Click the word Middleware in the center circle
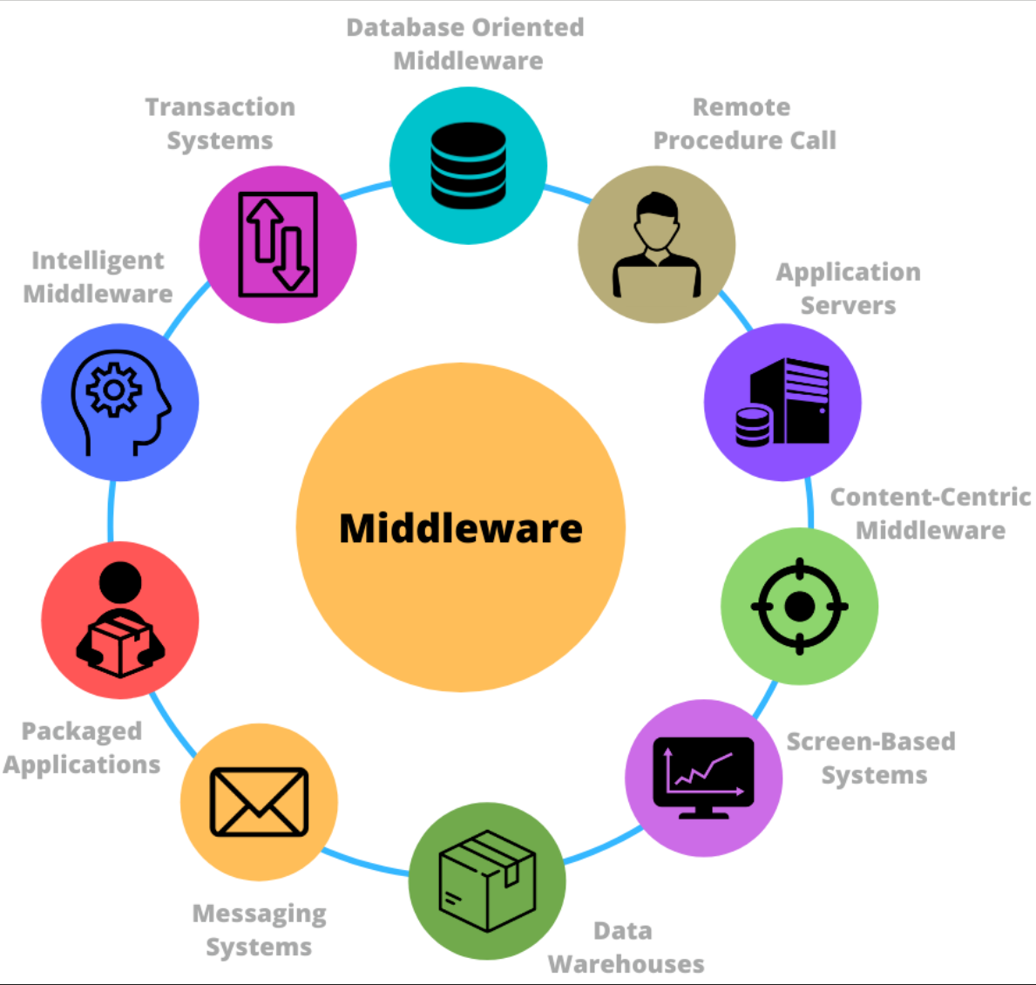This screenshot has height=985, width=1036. (461, 528)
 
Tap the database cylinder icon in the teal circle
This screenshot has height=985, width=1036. (469, 166)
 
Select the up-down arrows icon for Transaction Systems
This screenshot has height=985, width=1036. (278, 245)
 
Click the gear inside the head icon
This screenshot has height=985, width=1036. (113, 390)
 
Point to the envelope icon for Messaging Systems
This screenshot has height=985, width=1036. (259, 802)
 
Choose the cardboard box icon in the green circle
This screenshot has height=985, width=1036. (487, 881)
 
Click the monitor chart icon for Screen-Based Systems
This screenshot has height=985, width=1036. (704, 778)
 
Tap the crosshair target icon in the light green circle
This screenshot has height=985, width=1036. (800, 606)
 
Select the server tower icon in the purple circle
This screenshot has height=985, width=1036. (783, 402)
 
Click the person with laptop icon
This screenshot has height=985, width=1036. (657, 245)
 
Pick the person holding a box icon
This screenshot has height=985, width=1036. (120, 620)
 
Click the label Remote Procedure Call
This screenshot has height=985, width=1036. (745, 124)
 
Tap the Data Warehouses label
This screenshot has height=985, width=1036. (626, 948)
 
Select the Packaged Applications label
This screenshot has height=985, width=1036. (82, 748)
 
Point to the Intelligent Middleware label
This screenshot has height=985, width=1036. (98, 277)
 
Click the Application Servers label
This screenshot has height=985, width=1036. (849, 289)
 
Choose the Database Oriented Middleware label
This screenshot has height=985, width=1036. (466, 44)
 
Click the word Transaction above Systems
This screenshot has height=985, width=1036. (220, 107)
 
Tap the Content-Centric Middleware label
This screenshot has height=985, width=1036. (931, 513)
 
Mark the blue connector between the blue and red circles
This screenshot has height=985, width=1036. (111, 511)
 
